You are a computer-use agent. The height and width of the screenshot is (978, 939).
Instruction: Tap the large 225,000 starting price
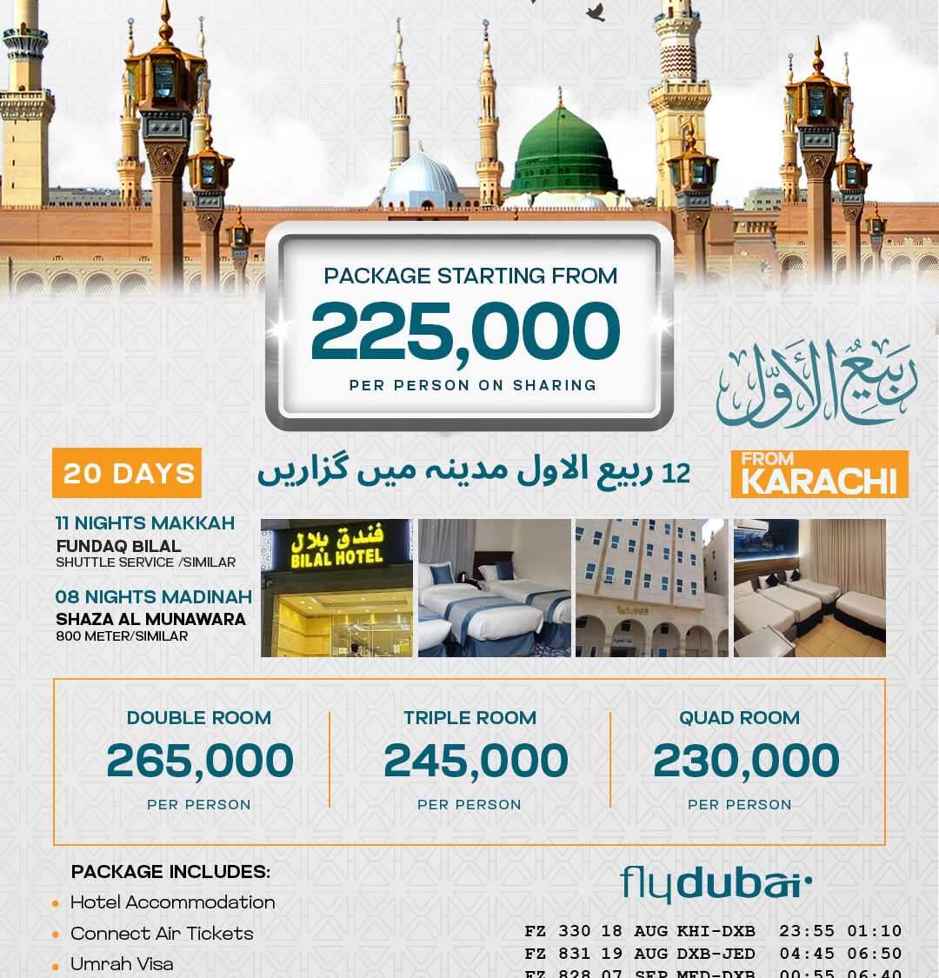pyautogui.click(x=465, y=332)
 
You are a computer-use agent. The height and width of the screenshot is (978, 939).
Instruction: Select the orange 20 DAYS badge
pyautogui.click(x=127, y=473)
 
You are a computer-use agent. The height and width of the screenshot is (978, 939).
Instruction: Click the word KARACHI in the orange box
pyautogui.click(x=819, y=482)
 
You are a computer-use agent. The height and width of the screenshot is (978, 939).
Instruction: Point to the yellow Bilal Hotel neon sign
pyautogui.click(x=336, y=548)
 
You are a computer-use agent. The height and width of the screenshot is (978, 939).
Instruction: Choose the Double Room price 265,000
pyautogui.click(x=200, y=761)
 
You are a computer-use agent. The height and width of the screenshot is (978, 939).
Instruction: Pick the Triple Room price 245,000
pyautogui.click(x=476, y=761)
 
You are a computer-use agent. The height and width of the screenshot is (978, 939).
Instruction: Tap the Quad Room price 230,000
pyautogui.click(x=746, y=761)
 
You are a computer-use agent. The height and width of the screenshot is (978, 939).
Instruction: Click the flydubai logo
pyautogui.click(x=716, y=884)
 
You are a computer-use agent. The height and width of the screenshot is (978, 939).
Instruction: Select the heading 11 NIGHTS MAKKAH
pyautogui.click(x=145, y=523)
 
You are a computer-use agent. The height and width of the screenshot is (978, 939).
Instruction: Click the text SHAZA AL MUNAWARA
pyautogui.click(x=150, y=620)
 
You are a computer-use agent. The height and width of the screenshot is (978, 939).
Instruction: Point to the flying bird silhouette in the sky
pyautogui.click(x=596, y=12)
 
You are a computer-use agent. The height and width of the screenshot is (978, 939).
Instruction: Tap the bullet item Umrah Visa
pyautogui.click(x=122, y=964)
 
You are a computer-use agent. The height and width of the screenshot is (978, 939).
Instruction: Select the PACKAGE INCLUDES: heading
pyautogui.click(x=170, y=872)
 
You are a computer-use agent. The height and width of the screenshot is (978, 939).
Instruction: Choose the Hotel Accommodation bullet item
pyautogui.click(x=172, y=902)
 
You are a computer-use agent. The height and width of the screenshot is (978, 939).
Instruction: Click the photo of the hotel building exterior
pyautogui.click(x=651, y=588)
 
